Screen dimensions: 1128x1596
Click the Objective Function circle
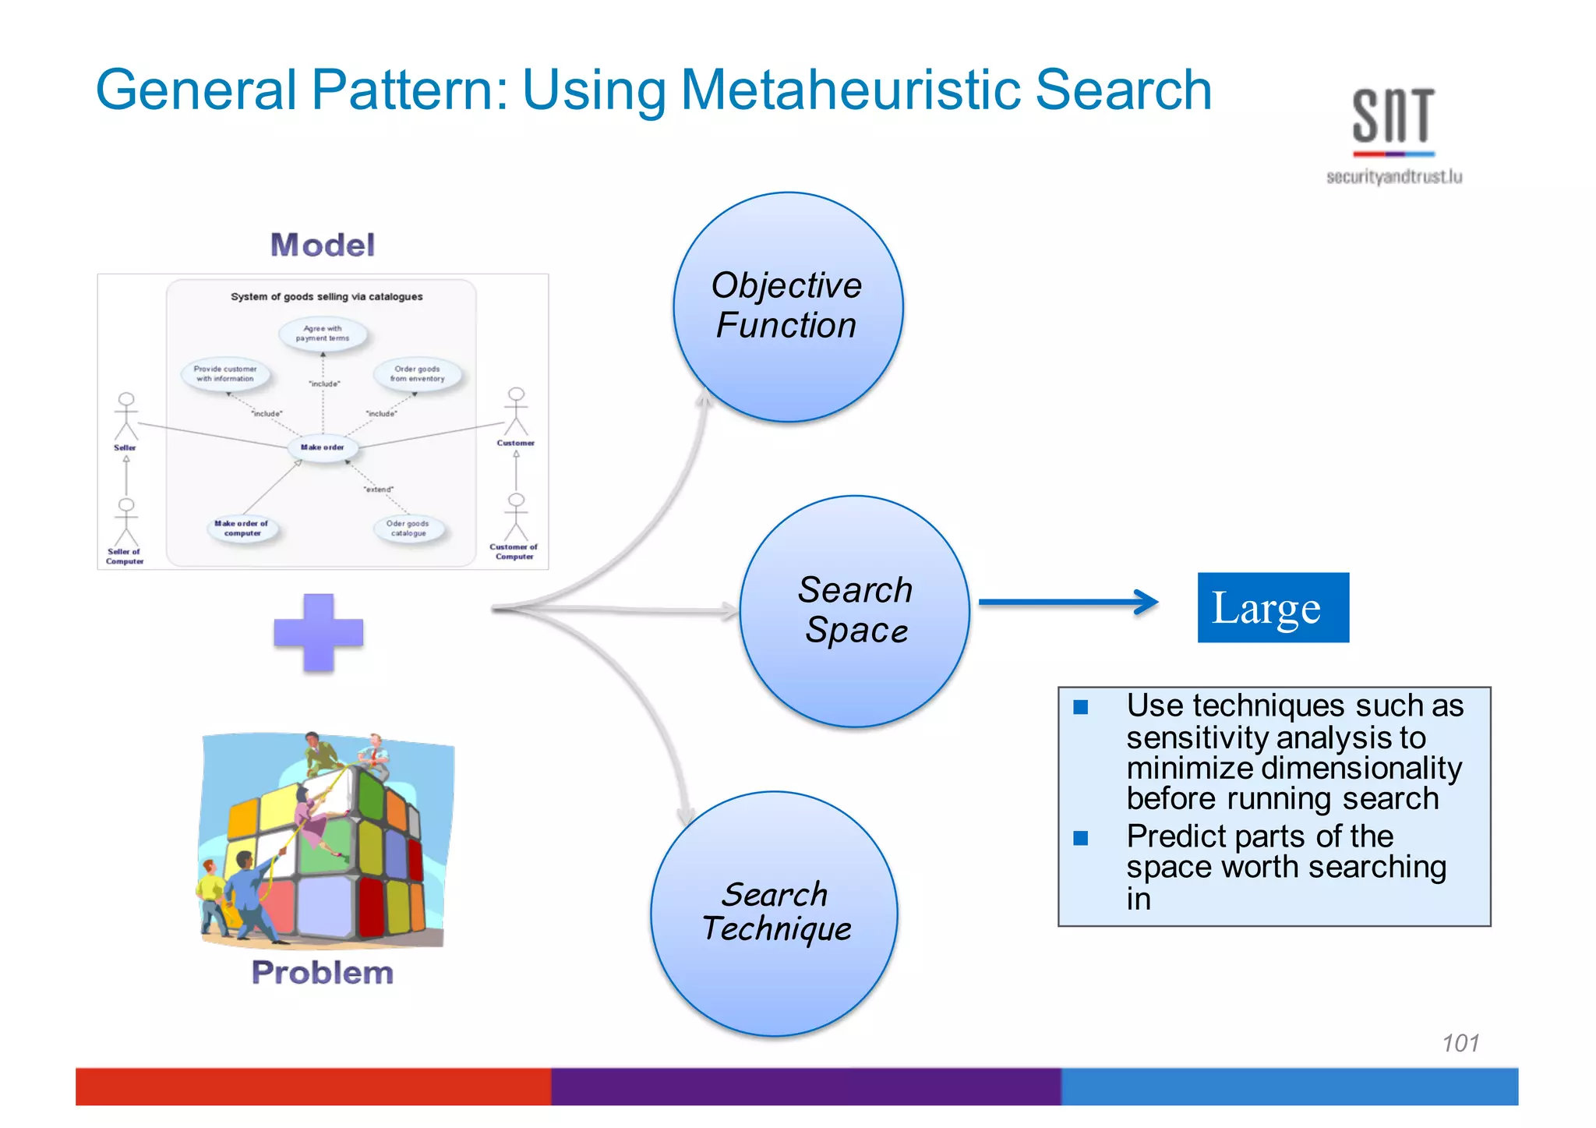tap(788, 307)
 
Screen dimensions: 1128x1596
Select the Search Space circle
tap(855, 611)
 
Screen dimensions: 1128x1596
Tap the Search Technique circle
tap(774, 914)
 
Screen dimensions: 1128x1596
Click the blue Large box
tap(1273, 607)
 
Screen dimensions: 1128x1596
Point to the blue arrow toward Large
tap(1068, 602)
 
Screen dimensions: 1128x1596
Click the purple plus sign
tap(319, 632)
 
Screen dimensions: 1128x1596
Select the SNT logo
tap(1393, 118)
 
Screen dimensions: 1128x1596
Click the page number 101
tap(1460, 1043)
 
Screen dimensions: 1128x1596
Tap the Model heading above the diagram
tap(323, 245)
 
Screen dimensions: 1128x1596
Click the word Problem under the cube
tap(323, 973)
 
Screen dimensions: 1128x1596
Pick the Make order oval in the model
tap(323, 447)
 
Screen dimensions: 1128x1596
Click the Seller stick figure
tap(125, 417)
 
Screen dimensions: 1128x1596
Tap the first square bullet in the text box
tap(1081, 707)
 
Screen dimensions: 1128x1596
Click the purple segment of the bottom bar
tap(806, 1087)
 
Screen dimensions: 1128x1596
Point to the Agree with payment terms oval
tap(323, 334)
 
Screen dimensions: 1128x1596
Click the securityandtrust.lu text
tap(1393, 178)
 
